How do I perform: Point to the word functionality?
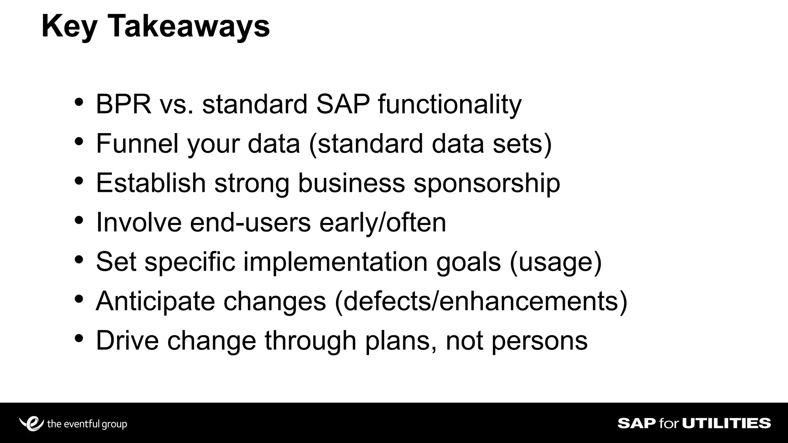click(449, 105)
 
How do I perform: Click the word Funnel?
click(137, 143)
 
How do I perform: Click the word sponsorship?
click(487, 183)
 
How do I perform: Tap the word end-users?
click(250, 222)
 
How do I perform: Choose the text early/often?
click(382, 222)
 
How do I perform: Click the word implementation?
click(335, 262)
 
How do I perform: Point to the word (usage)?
click(556, 262)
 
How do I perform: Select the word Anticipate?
click(155, 301)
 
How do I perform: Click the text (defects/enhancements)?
click(481, 301)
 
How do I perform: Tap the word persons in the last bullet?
click(539, 341)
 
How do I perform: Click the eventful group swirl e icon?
click(32, 423)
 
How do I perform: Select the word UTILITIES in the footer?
click(726, 423)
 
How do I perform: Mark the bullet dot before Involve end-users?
click(79, 221)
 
